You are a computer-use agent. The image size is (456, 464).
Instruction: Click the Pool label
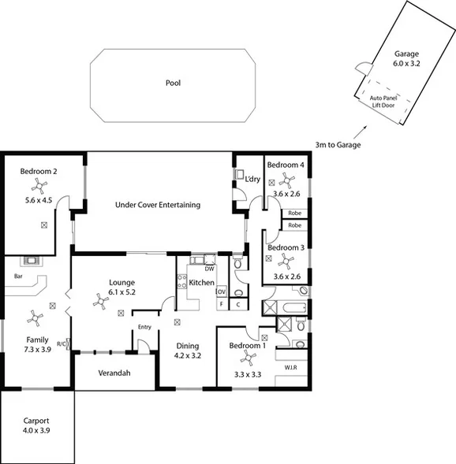click(174, 83)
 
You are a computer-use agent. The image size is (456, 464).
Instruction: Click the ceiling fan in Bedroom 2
click(36, 186)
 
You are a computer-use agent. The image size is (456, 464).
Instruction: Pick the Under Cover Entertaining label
click(158, 205)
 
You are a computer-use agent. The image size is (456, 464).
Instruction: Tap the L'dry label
click(252, 180)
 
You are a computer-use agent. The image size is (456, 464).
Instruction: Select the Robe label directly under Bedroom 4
click(294, 213)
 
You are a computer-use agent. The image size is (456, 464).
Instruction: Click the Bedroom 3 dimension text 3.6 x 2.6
click(287, 277)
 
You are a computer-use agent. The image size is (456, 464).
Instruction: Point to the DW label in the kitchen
click(210, 269)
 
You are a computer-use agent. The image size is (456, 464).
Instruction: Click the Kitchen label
click(202, 282)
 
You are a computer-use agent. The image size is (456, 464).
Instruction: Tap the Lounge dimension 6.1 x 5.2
click(122, 292)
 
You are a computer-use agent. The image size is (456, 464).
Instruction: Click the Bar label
click(18, 277)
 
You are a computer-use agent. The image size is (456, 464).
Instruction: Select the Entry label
click(144, 327)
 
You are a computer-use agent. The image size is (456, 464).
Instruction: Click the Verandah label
click(114, 373)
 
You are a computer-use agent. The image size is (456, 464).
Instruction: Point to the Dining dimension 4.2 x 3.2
click(187, 356)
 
